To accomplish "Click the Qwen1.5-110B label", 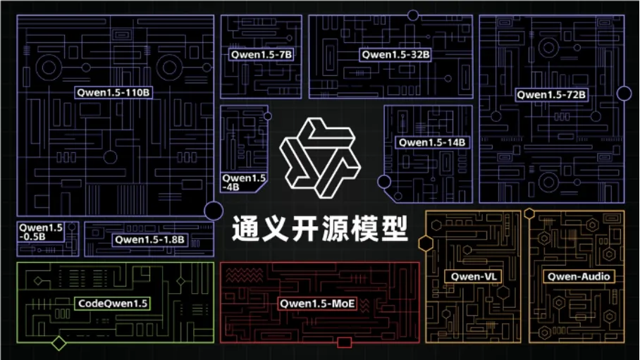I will [114, 92].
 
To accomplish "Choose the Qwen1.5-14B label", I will [432, 142].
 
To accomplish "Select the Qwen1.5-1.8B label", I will [149, 240].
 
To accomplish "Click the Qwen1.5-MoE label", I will [317, 304].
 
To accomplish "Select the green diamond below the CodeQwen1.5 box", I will [59, 344].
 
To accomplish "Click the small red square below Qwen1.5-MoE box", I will [345, 343].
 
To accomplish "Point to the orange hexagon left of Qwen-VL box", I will [426, 244].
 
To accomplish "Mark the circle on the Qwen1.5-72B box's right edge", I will [624, 93].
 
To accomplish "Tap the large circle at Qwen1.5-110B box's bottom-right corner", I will [214, 210].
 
